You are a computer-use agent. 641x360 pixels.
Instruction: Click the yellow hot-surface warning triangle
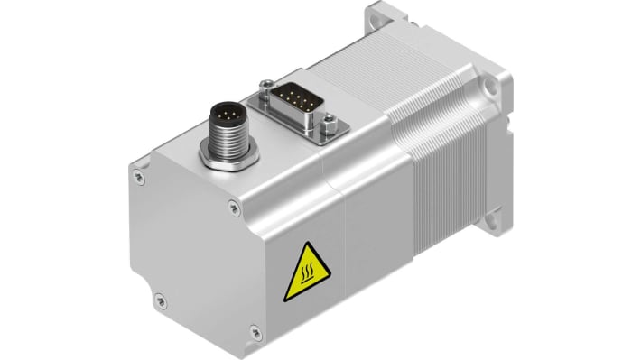pos(305,273)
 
